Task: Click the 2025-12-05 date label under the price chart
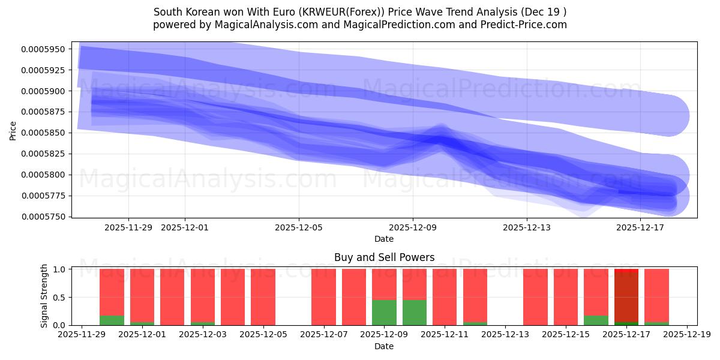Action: click(x=299, y=228)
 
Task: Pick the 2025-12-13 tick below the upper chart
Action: click(x=526, y=228)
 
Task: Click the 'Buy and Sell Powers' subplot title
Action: click(x=384, y=258)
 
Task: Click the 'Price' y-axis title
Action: click(x=13, y=131)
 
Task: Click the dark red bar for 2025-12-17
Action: click(x=626, y=297)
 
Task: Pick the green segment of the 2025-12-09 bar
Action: click(x=384, y=313)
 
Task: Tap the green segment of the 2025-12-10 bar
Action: click(x=415, y=313)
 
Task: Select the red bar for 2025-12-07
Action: click(x=323, y=297)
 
